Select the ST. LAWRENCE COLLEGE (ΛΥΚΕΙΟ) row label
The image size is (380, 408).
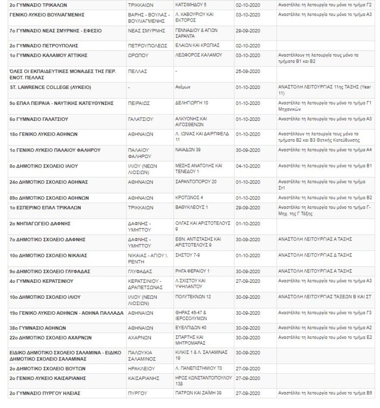pyautogui.click(x=50, y=87)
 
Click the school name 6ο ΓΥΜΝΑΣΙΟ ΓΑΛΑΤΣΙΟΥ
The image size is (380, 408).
pyautogui.click(x=39, y=119)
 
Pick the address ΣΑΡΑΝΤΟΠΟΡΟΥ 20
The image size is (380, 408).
pyautogui.click(x=196, y=182)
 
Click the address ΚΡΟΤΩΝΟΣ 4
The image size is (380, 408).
pyautogui.click(x=189, y=198)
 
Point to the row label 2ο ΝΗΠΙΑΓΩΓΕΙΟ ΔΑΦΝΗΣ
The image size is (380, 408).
pyautogui.click(x=40, y=224)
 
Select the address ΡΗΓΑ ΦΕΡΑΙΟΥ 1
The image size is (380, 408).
pyautogui.click(x=193, y=271)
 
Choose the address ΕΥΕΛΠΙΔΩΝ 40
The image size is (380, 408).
pyautogui.click(x=191, y=328)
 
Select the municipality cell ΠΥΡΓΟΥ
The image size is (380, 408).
pyautogui.click(x=138, y=393)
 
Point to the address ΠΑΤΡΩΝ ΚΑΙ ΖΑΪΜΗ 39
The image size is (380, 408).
pyautogui.click(x=198, y=393)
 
